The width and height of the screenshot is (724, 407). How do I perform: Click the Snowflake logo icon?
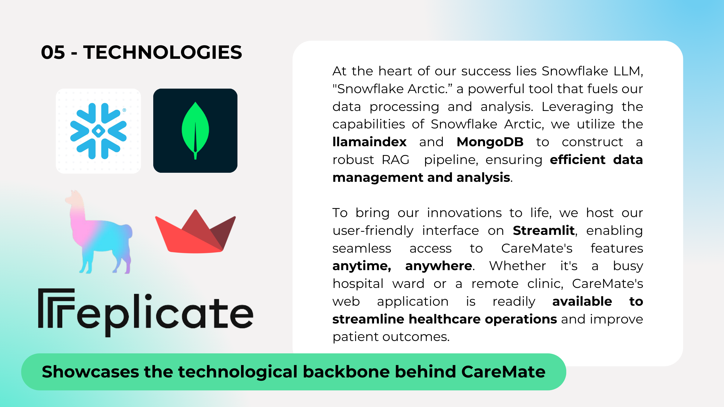tap(98, 131)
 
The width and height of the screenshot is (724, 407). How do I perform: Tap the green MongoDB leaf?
tap(195, 131)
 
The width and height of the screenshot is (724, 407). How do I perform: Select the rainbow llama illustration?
tap(99, 232)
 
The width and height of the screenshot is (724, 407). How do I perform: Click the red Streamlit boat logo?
tap(195, 231)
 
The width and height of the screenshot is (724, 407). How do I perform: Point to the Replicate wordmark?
tap(146, 313)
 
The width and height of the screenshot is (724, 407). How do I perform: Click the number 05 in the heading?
tap(53, 52)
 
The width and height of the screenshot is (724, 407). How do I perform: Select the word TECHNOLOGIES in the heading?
tap(163, 52)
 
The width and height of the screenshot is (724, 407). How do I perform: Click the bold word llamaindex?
tap(369, 142)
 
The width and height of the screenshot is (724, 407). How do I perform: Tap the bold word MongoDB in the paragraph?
tap(490, 142)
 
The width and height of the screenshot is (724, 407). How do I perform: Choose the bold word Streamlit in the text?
tap(544, 231)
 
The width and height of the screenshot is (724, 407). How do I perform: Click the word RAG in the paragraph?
tap(395, 160)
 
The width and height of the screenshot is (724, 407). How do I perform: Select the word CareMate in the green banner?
tap(503, 372)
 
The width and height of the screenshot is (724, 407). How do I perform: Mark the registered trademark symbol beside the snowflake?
tap(124, 110)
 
